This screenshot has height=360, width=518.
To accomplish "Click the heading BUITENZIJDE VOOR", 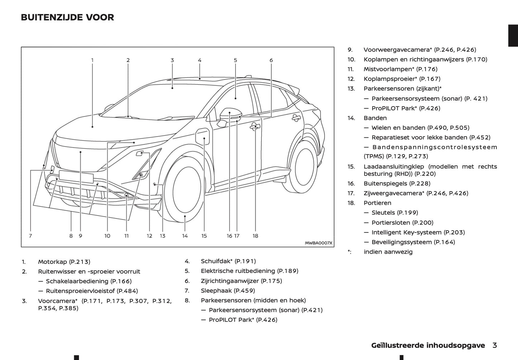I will click(x=67, y=17).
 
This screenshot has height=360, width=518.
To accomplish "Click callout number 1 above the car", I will click(x=92, y=60).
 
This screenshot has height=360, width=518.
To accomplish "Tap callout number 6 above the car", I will click(x=271, y=60).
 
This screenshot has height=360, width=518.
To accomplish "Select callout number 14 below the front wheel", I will click(x=185, y=236).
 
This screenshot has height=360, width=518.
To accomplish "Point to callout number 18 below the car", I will click(x=255, y=236).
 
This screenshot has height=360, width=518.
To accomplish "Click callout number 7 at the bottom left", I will click(x=30, y=236).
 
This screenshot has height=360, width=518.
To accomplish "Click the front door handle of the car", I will click(x=255, y=126).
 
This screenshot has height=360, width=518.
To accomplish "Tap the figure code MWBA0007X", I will click(x=319, y=243).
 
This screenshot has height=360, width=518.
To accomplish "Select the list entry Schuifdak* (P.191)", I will click(x=228, y=261).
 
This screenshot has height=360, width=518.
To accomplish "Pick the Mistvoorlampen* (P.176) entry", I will click(x=400, y=69).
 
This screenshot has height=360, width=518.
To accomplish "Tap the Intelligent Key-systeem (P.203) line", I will click(x=418, y=232).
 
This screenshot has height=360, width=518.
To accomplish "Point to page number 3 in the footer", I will click(x=495, y=345).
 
